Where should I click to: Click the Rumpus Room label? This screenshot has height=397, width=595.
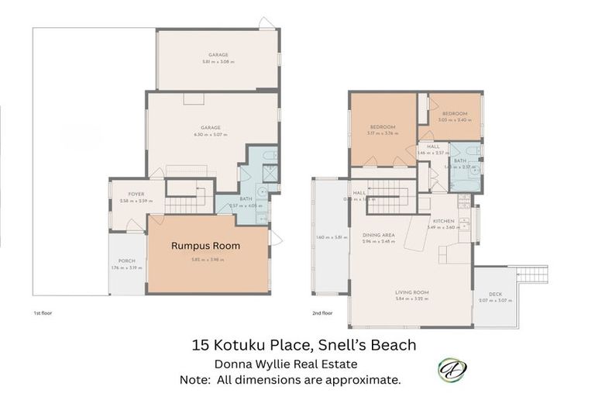coord(205,246)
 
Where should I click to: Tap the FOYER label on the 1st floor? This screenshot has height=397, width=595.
coord(125,194)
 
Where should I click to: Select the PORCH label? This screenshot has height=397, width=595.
coord(126,261)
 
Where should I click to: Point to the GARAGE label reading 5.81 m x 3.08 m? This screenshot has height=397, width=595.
coord(218,55)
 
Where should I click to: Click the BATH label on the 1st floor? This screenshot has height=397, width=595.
coord(246,198)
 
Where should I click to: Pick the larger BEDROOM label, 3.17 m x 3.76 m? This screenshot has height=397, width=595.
coord(383,126)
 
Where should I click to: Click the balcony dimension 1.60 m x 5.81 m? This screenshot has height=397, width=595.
coord(330,237)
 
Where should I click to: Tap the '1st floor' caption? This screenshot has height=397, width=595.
coord(42,312)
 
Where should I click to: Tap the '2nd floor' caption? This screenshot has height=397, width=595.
coord(322,312)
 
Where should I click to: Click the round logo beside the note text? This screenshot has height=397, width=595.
coord(451,370)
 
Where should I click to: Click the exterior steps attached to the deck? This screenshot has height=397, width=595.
coord(531,274)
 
